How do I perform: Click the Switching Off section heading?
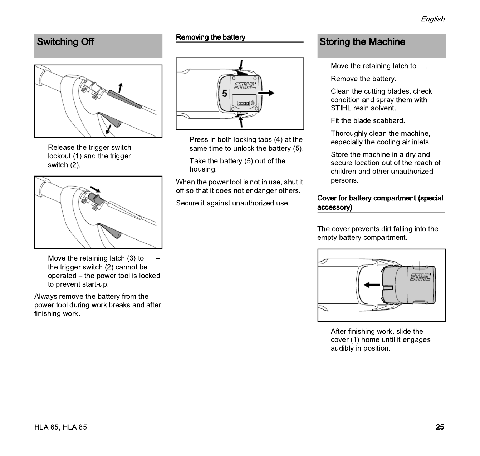pos(65,42)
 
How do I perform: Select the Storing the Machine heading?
pos(362,42)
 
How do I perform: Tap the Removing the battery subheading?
pos(210,37)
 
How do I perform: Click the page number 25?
pos(440,427)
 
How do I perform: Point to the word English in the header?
pos(432,19)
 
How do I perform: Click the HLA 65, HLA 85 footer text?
pos(60,427)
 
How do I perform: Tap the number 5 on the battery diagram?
pos(224,94)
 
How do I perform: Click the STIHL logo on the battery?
pos(245,86)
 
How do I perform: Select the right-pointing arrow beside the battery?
pos(266,93)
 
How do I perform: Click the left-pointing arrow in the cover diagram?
pos(372,285)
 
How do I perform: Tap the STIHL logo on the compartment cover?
pos(421,277)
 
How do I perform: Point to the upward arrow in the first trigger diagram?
pos(121,87)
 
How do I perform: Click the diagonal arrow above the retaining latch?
pos(95,189)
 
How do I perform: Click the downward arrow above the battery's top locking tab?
pos(241,65)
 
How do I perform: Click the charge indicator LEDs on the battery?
pos(244,103)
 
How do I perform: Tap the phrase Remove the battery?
pos(363,79)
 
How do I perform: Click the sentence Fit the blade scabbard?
pos(368,121)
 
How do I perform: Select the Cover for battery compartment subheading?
pos(380,203)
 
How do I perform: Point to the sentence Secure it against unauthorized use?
pos(233,203)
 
